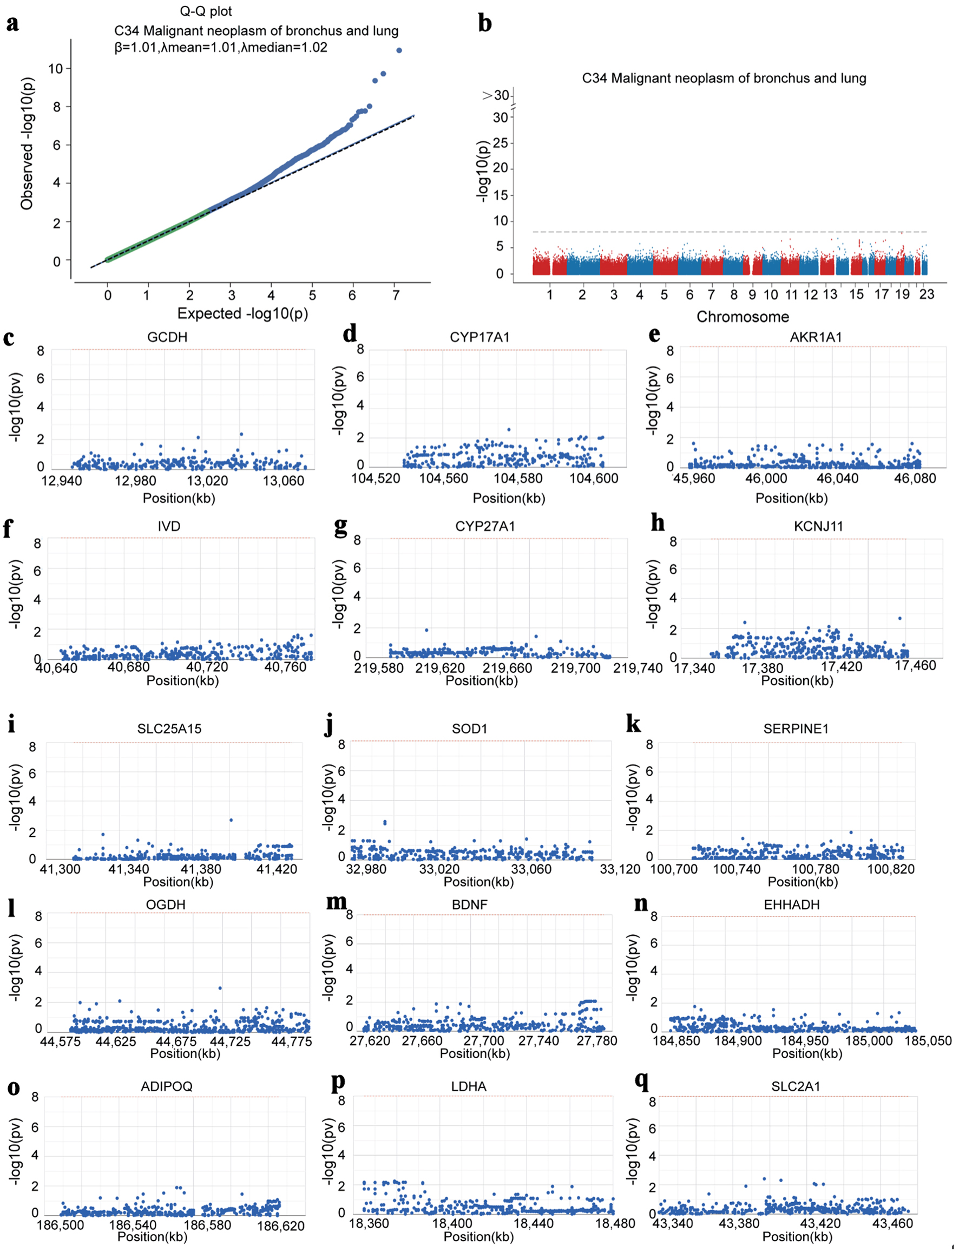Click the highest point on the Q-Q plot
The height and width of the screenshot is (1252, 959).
pyautogui.click(x=399, y=50)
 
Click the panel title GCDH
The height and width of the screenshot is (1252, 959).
pyautogui.click(x=167, y=337)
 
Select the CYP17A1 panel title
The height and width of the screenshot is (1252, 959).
pyautogui.click(x=479, y=337)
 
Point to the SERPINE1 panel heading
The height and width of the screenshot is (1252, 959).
pyautogui.click(x=796, y=729)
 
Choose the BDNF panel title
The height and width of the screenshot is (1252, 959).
pyautogui.click(x=470, y=905)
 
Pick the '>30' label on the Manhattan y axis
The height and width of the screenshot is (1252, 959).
pyautogui.click(x=495, y=95)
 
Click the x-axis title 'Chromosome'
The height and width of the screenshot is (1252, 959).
pyautogui.click(x=743, y=317)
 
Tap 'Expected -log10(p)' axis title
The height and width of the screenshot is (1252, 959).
pyautogui.click(x=242, y=313)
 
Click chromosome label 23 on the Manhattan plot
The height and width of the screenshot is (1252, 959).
pyautogui.click(x=927, y=294)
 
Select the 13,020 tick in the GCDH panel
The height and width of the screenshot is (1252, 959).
pyautogui.click(x=207, y=481)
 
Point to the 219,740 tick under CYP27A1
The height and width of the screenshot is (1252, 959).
pyautogui.click(x=638, y=668)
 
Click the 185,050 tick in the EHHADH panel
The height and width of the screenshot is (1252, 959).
pyautogui.click(x=928, y=1041)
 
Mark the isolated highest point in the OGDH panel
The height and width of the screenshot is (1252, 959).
pyautogui.click(x=220, y=988)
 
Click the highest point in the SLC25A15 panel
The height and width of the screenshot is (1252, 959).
pyautogui.click(x=231, y=821)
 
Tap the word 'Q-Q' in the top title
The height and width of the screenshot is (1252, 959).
pyautogui.click(x=191, y=11)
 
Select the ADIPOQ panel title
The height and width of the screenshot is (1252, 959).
pyautogui.click(x=167, y=1086)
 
